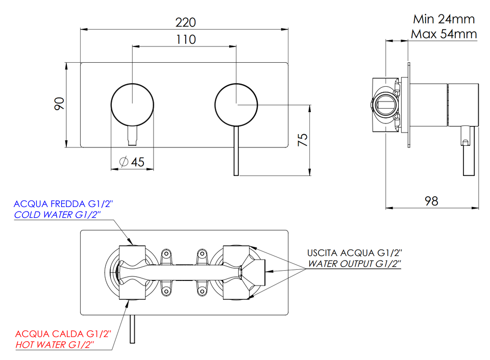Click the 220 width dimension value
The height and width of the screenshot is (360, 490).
(x=186, y=22)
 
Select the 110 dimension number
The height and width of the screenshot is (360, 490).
(x=186, y=40)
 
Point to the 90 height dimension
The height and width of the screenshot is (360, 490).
(x=59, y=104)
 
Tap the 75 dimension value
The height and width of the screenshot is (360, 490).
(x=303, y=140)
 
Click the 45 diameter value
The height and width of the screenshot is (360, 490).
(x=138, y=162)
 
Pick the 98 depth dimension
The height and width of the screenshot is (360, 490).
(x=431, y=201)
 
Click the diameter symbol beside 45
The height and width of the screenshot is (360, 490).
(x=124, y=162)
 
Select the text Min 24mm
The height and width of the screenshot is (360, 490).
(x=444, y=19)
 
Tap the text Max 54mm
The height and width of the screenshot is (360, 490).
(x=444, y=34)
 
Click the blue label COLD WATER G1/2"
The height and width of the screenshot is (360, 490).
(x=58, y=215)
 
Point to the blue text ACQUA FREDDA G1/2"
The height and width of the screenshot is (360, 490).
(x=63, y=204)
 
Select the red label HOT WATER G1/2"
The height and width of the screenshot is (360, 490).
(x=55, y=345)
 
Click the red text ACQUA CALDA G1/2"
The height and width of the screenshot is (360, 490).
(x=63, y=334)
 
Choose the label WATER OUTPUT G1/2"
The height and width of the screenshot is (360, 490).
(x=354, y=264)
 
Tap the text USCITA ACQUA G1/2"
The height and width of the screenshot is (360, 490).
(x=354, y=253)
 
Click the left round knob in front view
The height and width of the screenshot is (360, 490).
(x=133, y=105)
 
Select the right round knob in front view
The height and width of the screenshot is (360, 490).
(x=236, y=105)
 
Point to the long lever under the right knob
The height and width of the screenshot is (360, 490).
(x=236, y=151)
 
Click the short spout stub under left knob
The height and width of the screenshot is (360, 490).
(x=133, y=136)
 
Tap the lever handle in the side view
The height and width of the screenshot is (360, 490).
(x=468, y=151)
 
